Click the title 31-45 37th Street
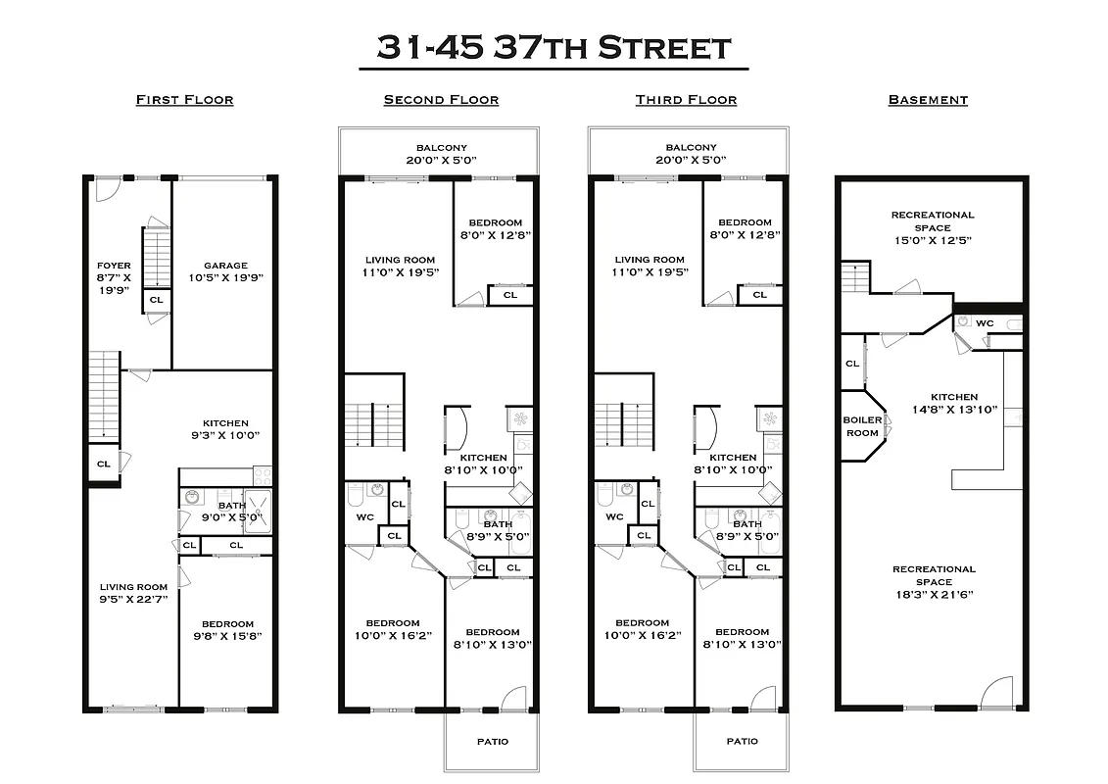pyautogui.click(x=554, y=47)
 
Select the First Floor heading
pyautogui.click(x=184, y=100)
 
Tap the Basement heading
pyautogui.click(x=928, y=100)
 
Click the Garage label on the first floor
pyautogui.click(x=225, y=266)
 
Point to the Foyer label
pyautogui.click(x=114, y=266)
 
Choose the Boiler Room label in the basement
pyautogui.click(x=862, y=426)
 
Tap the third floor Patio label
pyautogui.click(x=742, y=741)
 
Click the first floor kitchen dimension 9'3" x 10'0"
pyautogui.click(x=225, y=436)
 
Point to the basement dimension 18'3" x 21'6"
pyautogui.click(x=933, y=595)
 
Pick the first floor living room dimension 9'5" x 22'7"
pyautogui.click(x=132, y=599)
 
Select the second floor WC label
pyautogui.click(x=365, y=516)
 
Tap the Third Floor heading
pyautogui.click(x=686, y=100)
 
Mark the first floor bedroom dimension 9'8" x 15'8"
pyautogui.click(x=227, y=636)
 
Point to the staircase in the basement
pyautogui.click(x=855, y=277)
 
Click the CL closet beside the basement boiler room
pyautogui.click(x=852, y=364)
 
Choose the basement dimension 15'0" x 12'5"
pyautogui.click(x=933, y=240)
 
